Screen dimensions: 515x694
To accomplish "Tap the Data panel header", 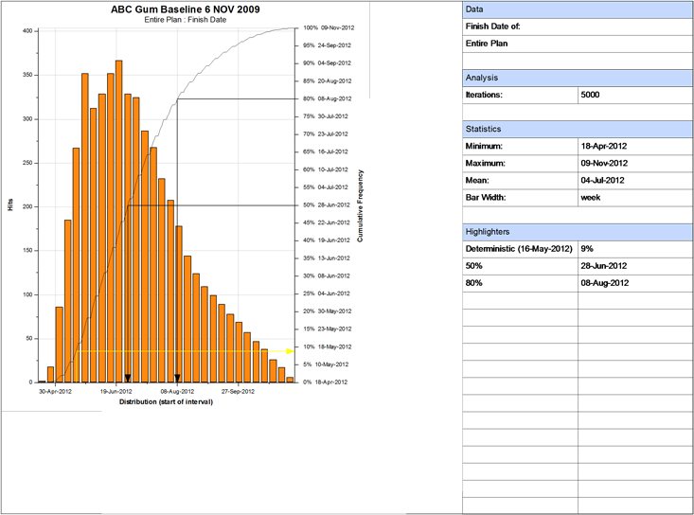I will tap(578, 9).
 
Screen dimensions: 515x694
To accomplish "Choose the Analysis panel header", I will tap(578, 78).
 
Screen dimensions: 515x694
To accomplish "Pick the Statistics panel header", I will tap(578, 129).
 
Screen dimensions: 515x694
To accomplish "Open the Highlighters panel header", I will tap(578, 232).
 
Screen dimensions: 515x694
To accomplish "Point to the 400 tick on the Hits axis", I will tap(28, 31).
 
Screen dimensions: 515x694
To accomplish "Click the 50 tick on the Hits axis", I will tap(30, 338).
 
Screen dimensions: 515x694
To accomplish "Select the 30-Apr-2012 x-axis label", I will tap(55, 390).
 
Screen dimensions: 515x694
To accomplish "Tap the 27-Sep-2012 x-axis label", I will tap(239, 390).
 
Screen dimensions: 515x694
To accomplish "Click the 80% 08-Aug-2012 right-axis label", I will tap(328, 98).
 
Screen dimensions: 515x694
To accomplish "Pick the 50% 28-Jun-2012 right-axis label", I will tap(328, 204).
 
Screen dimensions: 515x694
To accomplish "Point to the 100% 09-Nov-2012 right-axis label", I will tap(327, 28).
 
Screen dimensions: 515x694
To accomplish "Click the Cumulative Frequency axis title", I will tap(361, 205).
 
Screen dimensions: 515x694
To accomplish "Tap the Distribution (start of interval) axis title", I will tap(165, 402).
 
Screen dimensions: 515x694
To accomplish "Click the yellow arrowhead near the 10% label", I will tap(291, 351).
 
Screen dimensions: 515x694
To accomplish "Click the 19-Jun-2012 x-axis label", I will tap(116, 390).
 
